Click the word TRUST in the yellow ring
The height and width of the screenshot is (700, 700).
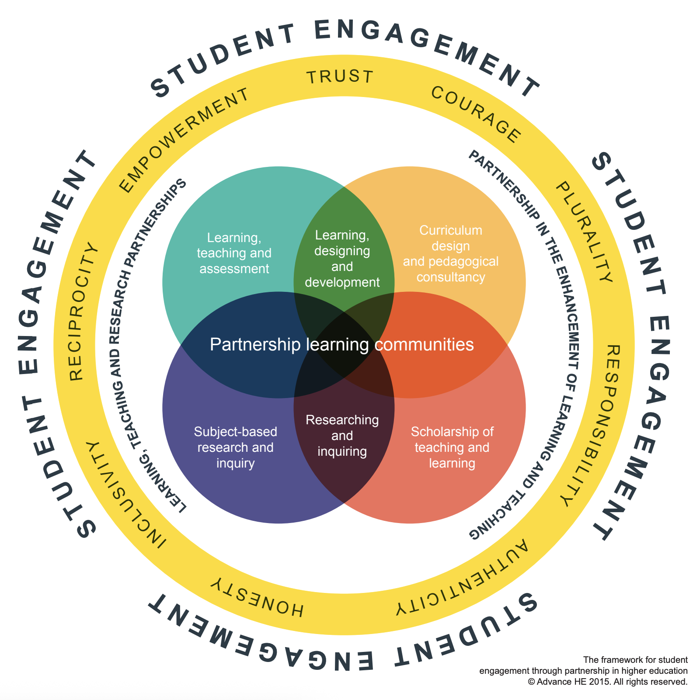[x=340, y=77]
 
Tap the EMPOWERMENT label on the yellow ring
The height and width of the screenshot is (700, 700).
[x=184, y=139]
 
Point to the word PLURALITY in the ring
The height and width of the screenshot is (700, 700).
[x=584, y=232]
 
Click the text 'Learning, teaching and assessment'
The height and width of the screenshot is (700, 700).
[x=234, y=253]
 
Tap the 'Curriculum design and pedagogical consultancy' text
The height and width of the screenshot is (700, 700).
[x=451, y=253]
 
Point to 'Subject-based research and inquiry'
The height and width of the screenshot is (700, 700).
[x=236, y=447]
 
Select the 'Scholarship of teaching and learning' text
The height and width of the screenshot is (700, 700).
[x=452, y=447]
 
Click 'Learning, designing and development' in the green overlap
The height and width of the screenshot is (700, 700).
[x=342, y=259]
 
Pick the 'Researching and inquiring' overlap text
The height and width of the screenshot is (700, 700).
[x=342, y=435]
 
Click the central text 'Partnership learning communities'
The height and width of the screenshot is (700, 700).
[x=341, y=345]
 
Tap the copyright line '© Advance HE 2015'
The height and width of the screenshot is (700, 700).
[x=608, y=682]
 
